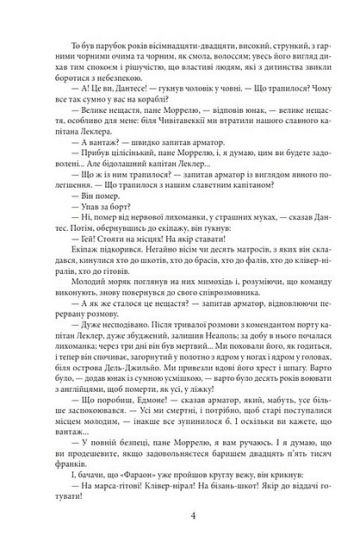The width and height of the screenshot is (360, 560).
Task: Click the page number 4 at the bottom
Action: click(180, 517)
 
